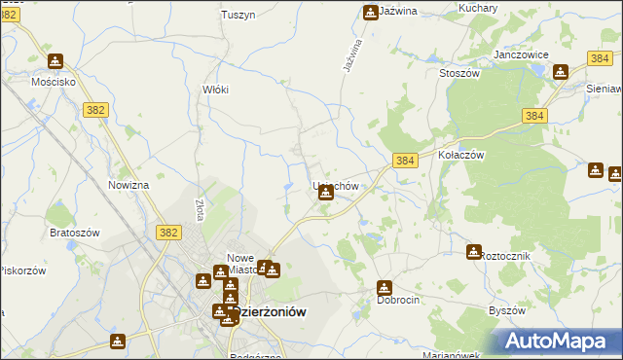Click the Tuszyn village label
238,15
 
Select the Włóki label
215,90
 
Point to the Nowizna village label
128,185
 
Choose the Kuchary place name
477,8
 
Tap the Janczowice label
522,55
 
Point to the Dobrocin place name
398,301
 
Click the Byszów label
506,310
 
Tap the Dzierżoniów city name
269,312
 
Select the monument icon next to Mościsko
55,61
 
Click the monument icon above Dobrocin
385,287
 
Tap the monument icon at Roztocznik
474,252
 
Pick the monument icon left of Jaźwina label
371,13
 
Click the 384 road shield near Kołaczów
406,160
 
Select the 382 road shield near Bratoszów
167,232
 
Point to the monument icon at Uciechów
326,193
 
